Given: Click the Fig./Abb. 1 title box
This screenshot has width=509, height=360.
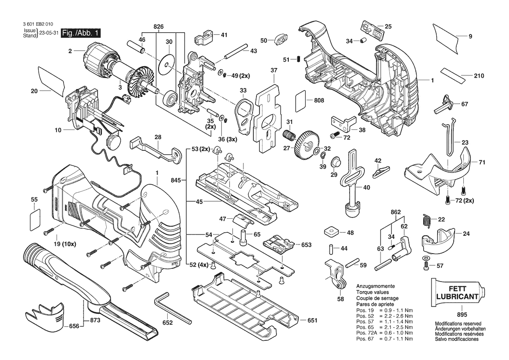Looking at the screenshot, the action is pyautogui.click(x=81, y=33).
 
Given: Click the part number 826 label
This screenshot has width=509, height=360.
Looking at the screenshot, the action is pyautogui.click(x=158, y=27).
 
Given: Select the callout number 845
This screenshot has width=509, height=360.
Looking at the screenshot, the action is pyautogui.click(x=176, y=180).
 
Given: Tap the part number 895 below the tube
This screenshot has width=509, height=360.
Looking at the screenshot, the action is pyautogui.click(x=462, y=315).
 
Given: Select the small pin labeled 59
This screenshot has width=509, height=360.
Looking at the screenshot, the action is pyautogui.click(x=352, y=262).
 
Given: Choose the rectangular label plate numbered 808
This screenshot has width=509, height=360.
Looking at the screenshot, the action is pyautogui.click(x=301, y=100).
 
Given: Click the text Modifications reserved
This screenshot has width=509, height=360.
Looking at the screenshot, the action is pyautogui.click(x=458, y=324).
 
